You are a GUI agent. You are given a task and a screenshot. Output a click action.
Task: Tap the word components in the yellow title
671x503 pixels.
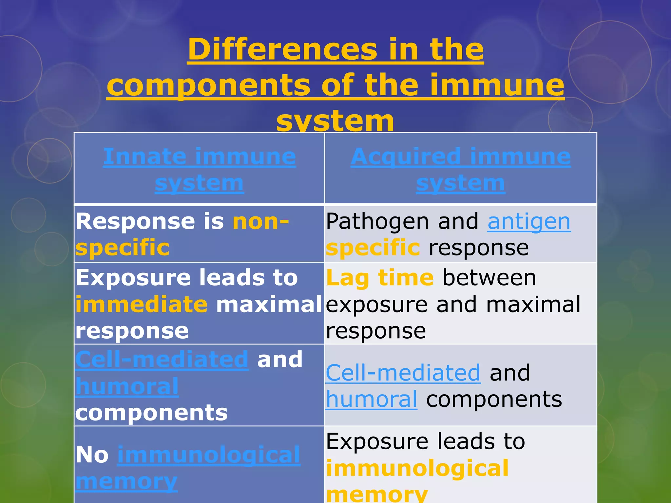[208, 85]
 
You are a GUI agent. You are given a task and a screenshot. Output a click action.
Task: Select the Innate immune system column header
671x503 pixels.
[199, 169]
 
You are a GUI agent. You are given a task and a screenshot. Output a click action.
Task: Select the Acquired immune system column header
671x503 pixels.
[460, 169]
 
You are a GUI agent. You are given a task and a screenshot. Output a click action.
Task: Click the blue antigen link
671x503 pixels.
[529, 222]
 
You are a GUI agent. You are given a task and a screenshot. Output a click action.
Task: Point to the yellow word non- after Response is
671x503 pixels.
[261, 221]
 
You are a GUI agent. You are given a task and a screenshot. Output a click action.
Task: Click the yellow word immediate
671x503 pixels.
[141, 304]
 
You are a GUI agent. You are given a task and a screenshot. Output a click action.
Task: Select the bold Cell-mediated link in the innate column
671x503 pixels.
[162, 360]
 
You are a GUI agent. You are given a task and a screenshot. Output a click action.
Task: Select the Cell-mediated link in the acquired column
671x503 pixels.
[403, 373]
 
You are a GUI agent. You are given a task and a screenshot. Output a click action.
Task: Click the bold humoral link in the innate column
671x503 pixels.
[127, 386]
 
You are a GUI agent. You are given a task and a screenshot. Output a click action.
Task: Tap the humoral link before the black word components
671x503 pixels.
[371, 400]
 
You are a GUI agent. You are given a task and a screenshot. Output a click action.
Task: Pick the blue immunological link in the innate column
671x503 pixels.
[209, 455]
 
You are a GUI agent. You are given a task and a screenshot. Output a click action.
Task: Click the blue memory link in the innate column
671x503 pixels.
[126, 481]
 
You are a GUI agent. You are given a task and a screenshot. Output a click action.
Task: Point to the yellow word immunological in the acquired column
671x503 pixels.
[417, 468]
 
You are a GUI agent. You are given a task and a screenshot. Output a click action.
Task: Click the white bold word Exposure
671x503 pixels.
[133, 278]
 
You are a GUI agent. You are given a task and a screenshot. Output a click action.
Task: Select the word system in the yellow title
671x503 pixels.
[335, 121]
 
